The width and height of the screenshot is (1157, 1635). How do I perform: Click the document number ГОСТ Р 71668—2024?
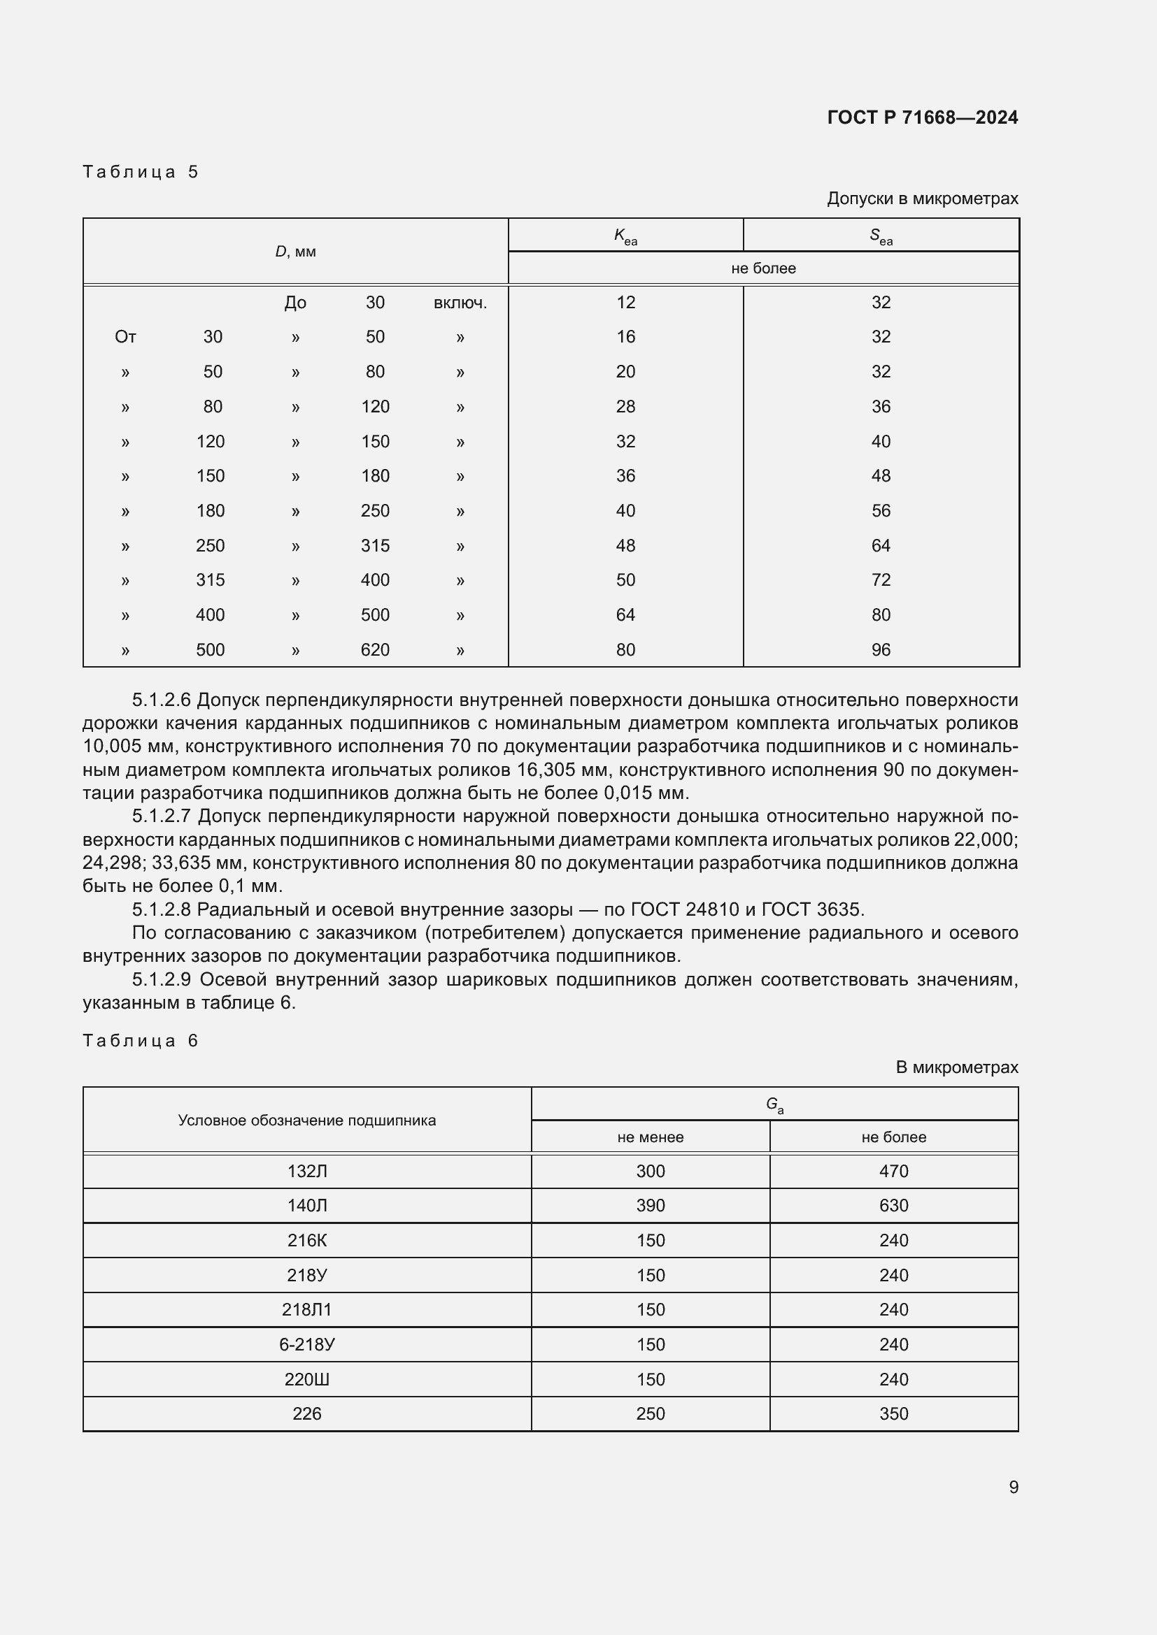[922, 117]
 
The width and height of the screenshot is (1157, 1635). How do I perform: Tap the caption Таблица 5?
[141, 172]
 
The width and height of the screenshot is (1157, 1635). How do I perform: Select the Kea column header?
[625, 236]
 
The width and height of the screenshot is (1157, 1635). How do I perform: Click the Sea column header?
[881, 236]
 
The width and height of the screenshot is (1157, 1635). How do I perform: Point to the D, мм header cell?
[295, 252]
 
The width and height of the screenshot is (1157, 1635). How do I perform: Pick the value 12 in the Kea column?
[625, 303]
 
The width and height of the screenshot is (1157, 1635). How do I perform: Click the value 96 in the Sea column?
[881, 649]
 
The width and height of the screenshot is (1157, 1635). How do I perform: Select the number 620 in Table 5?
[375, 649]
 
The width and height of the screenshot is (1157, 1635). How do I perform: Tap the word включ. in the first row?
[460, 303]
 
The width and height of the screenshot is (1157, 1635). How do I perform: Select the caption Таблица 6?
[141, 1040]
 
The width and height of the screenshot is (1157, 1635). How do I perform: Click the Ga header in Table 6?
[774, 1104]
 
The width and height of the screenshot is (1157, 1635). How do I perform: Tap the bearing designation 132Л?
[306, 1172]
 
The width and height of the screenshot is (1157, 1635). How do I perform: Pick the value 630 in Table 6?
[893, 1206]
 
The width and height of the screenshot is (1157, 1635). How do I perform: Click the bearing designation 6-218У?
[306, 1344]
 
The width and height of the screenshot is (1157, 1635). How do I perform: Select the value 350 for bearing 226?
[893, 1413]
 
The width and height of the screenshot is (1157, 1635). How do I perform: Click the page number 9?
[1013, 1487]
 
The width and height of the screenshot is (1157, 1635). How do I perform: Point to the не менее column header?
[650, 1137]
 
